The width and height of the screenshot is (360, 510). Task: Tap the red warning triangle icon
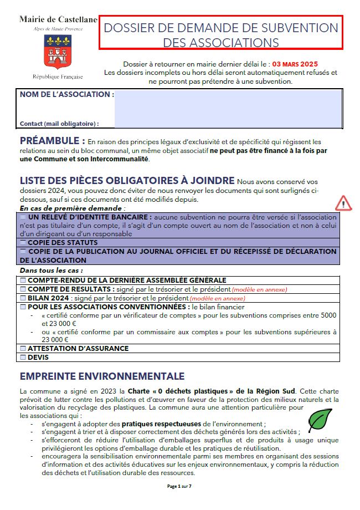343,203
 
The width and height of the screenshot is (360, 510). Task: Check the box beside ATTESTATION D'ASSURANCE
23,349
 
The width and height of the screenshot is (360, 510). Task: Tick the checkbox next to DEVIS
23,358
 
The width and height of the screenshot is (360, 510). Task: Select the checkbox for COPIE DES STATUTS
23,243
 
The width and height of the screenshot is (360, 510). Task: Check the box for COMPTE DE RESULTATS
23,289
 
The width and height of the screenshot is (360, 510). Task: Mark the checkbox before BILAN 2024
23,298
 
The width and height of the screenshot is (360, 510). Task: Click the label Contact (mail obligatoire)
59,124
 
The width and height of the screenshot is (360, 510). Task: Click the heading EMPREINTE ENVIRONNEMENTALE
102,376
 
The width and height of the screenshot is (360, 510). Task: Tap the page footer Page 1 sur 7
179,486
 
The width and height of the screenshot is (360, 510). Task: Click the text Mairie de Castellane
58,19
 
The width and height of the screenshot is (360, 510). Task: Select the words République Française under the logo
58,76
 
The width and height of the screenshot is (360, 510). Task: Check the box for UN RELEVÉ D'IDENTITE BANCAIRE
23,217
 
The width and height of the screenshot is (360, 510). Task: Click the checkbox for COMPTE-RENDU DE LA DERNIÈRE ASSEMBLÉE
23,280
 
